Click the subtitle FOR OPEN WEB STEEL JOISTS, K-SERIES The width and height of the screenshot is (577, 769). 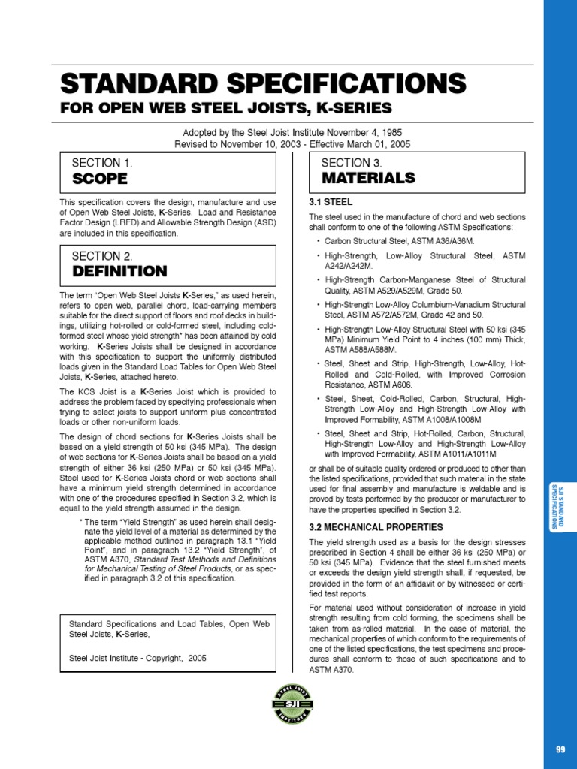point(225,107)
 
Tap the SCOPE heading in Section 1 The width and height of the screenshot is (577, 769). point(99,179)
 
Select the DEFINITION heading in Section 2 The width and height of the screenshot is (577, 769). point(119,271)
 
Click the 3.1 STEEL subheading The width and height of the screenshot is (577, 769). point(331,202)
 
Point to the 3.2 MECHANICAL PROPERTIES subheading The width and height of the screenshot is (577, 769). point(376,527)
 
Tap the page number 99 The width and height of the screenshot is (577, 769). point(560,749)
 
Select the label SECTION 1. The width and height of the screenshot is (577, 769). point(101,163)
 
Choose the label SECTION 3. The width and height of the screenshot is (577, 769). point(351,163)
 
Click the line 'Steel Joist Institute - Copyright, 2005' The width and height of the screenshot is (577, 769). point(137,658)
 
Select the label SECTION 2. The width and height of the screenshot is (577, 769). point(101,256)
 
